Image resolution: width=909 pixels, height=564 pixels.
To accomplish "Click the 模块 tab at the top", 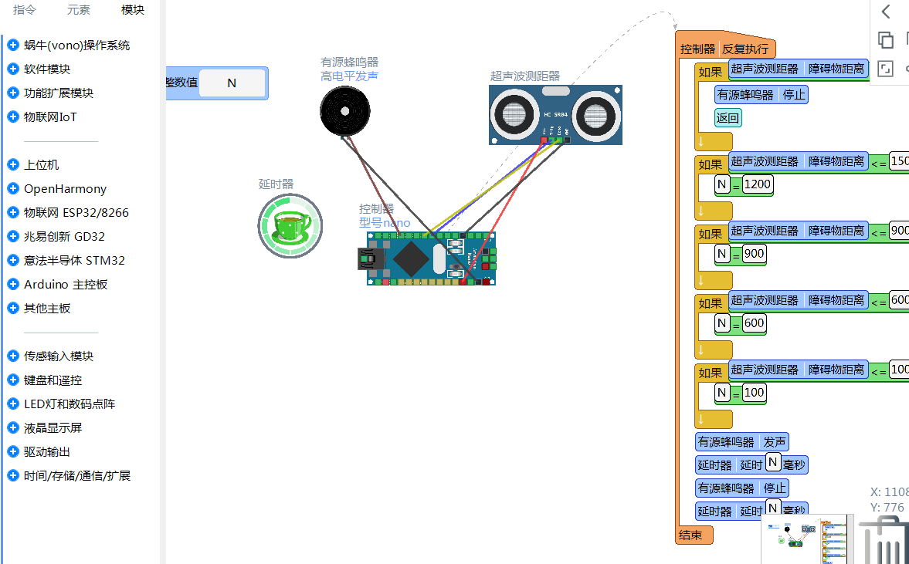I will point(133,10).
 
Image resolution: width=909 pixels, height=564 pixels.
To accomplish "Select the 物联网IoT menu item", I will point(50,117).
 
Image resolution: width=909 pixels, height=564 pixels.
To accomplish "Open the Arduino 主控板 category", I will point(66,284).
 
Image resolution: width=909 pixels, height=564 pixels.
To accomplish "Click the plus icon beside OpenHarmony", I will point(12,188).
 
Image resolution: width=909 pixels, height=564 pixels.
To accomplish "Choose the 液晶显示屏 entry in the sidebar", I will point(53,427).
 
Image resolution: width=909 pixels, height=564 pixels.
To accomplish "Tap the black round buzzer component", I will point(345,112).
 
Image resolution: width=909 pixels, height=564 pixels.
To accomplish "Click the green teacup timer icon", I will point(290,225).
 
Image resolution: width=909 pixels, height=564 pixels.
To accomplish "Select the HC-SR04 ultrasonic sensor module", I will point(555,114).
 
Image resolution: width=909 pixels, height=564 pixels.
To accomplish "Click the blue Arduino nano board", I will point(430,258).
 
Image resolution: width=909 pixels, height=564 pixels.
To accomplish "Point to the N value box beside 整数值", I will point(232,83).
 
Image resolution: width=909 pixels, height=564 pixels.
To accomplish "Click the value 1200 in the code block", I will point(758,184).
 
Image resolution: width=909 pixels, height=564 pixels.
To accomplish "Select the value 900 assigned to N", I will point(754,254).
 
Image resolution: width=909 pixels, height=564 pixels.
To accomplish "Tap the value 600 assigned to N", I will point(754,323).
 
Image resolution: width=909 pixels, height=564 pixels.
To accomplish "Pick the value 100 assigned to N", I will point(754,392).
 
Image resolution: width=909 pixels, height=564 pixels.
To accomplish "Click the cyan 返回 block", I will point(728,118).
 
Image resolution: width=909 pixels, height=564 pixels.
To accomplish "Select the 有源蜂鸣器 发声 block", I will point(741,442).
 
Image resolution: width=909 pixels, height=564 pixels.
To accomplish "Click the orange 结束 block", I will point(691,535).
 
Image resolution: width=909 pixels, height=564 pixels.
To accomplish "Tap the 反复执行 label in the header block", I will point(745,49).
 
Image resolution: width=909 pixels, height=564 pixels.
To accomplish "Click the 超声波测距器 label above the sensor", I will point(524,76).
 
